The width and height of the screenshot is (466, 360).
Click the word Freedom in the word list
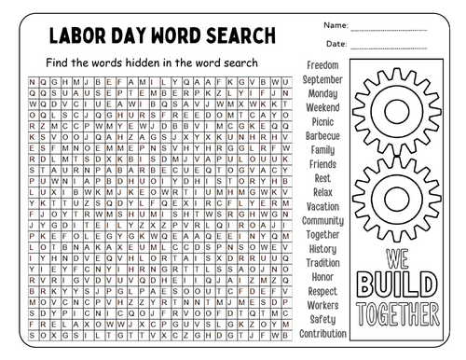(x=322, y=65)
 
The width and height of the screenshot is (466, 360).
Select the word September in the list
(x=322, y=79)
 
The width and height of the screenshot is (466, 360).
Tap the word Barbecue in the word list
(x=322, y=135)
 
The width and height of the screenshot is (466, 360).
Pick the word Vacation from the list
(x=322, y=206)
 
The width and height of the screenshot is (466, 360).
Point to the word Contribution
(x=322, y=333)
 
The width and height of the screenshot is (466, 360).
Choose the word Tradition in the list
(x=322, y=263)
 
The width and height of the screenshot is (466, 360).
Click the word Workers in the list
(x=322, y=305)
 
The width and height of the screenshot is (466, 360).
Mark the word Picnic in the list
(x=322, y=121)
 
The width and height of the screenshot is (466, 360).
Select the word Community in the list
(x=322, y=220)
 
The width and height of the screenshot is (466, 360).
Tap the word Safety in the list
(x=322, y=319)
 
